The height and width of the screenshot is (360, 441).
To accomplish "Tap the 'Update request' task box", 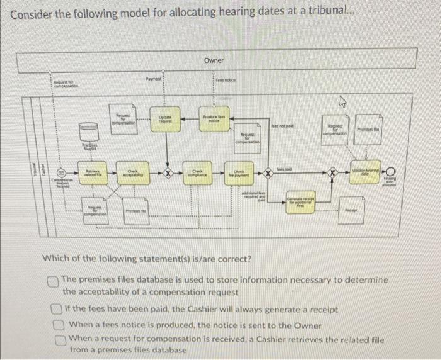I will tap(165, 121).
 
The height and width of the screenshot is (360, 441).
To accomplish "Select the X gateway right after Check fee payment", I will tap(268, 171).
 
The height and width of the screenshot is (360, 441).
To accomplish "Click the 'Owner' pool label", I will tap(214, 60).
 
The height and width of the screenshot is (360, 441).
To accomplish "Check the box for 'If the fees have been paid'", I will tap(57, 311).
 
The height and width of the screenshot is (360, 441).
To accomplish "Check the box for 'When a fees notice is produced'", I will tap(57, 325).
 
